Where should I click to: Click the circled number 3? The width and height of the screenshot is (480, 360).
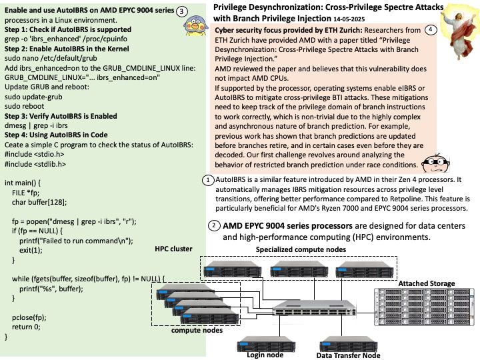181,11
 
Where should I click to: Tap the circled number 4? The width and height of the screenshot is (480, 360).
431,30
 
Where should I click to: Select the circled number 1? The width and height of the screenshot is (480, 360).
208,180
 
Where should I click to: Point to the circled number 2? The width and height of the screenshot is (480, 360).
214,226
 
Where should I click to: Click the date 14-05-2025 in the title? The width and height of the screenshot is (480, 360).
349,19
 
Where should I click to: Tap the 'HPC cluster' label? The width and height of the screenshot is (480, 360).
173,249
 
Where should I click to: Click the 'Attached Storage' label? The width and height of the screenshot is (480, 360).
427,283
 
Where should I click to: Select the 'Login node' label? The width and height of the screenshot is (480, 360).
265,355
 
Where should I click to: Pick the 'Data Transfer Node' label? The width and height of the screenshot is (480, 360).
349,355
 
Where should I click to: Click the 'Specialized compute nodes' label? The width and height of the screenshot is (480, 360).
301,249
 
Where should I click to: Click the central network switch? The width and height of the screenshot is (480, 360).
315,308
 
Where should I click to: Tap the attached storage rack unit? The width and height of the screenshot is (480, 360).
424,307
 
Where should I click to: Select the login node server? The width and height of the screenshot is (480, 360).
266,344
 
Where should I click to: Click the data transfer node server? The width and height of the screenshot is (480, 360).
349,344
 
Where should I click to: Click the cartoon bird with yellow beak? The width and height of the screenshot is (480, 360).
196,26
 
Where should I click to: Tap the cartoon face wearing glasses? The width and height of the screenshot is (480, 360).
435,163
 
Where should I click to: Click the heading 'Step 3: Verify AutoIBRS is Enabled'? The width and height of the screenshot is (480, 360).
61,116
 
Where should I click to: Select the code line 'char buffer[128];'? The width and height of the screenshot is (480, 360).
39,203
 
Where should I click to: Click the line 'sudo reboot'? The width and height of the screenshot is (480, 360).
24,106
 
